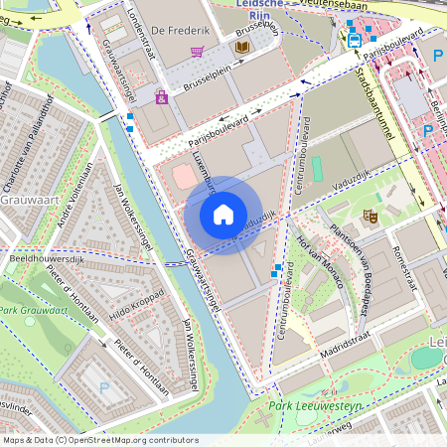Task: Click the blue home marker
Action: click(x=223, y=215)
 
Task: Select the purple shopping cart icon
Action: click(x=198, y=52)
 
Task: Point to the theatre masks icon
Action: click(x=371, y=215)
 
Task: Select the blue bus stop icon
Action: click(x=355, y=41)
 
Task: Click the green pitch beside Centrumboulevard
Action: click(x=317, y=169)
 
